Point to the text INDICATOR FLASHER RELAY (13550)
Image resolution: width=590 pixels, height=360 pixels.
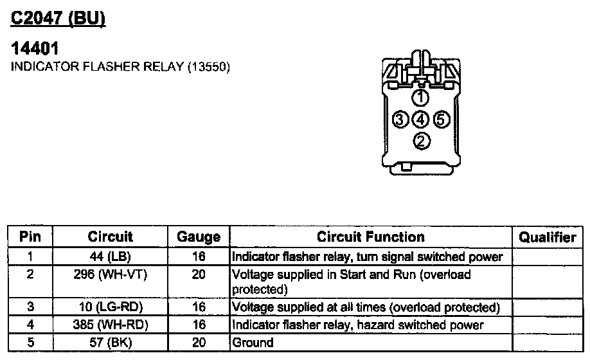(121, 67)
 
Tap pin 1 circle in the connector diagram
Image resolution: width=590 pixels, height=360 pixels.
(420, 98)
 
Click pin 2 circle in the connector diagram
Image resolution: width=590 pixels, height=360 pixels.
(421, 140)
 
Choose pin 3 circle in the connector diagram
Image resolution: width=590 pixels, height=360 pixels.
(400, 119)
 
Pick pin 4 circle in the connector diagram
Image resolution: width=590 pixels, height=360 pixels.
(420, 119)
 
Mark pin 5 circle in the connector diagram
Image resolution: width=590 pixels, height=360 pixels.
(441, 119)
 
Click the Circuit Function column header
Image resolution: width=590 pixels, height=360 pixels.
(371, 237)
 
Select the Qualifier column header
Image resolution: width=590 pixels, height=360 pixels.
(548, 237)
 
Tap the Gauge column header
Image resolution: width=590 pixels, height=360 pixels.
(199, 237)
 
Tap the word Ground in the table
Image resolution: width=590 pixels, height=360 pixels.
(253, 343)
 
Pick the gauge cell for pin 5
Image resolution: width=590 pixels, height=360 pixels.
(199, 343)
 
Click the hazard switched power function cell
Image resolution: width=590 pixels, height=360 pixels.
(357, 325)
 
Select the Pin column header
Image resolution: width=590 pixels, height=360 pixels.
(30, 237)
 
